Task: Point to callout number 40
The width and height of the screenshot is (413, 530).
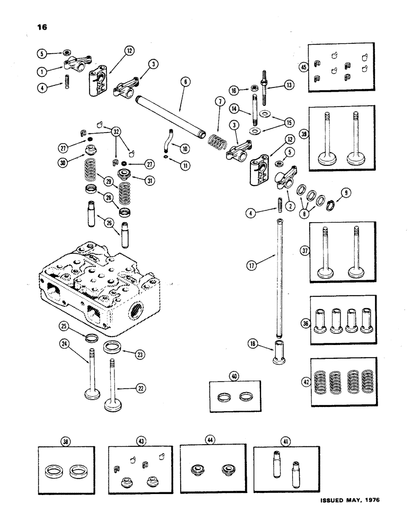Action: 234,376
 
